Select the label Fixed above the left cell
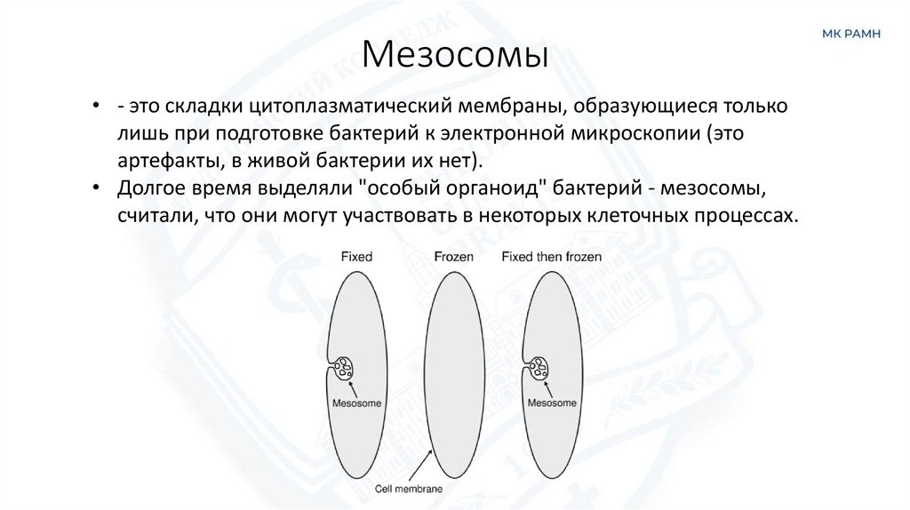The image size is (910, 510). [356, 257]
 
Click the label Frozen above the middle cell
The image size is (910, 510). [453, 257]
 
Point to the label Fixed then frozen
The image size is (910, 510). [551, 257]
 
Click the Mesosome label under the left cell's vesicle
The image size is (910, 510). [356, 402]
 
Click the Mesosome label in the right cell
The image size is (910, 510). [553, 402]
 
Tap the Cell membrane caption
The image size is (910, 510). [408, 489]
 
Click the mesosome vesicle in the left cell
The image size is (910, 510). [344, 367]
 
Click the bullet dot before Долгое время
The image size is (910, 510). [96, 189]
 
